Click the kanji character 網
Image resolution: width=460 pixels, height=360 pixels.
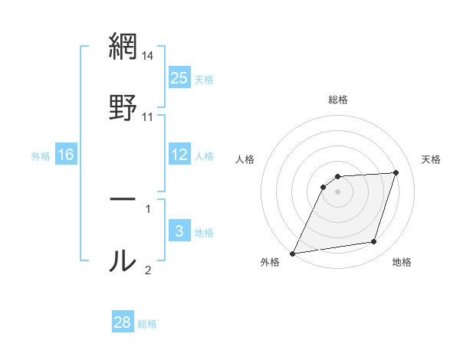pyautogui.click(x=123, y=47)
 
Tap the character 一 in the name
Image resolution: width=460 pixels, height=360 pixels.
pyautogui.click(x=123, y=200)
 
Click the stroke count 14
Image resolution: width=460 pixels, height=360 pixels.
pyautogui.click(x=148, y=57)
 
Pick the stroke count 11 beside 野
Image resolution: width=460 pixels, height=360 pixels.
pyautogui.click(x=148, y=117)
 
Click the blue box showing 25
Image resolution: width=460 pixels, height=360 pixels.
pyautogui.click(x=179, y=78)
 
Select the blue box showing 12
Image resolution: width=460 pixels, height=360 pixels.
pyautogui.click(x=179, y=155)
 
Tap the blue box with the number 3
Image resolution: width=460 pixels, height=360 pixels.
pyautogui.click(x=179, y=231)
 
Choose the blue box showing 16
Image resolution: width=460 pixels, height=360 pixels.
pyautogui.click(x=66, y=155)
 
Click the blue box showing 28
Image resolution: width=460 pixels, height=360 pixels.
pyautogui.click(x=123, y=322)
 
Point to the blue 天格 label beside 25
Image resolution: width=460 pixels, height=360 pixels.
pyautogui.click(x=204, y=79)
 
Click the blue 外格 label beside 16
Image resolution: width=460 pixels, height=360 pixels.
pyautogui.click(x=41, y=155)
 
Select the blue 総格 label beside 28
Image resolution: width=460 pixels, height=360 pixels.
pyautogui.click(x=147, y=323)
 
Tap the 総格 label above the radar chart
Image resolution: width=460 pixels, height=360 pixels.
pyautogui.click(x=338, y=100)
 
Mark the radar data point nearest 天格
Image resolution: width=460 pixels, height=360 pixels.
pyautogui.click(x=396, y=172)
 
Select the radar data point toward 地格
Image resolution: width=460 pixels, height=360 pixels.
pyautogui.click(x=374, y=242)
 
